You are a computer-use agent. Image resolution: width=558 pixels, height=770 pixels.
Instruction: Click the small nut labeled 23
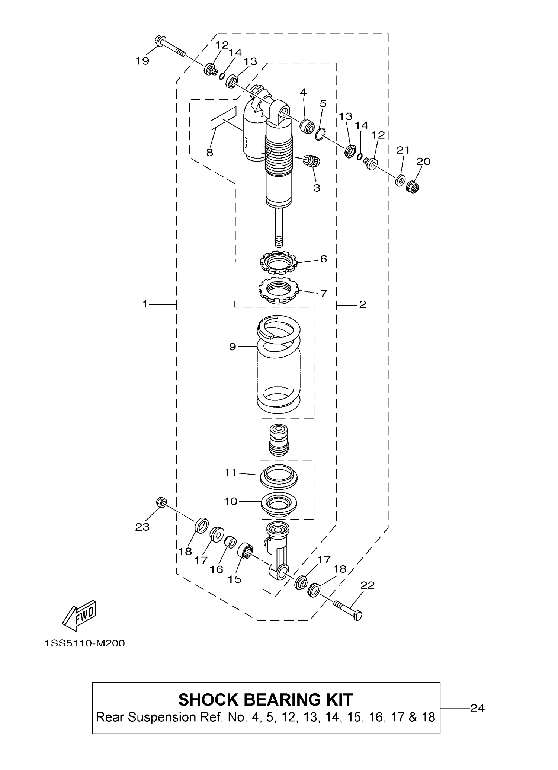(161, 502)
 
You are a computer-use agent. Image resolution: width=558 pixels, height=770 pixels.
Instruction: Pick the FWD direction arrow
(79, 616)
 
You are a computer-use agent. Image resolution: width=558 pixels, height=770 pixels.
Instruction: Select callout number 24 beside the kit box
(477, 708)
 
